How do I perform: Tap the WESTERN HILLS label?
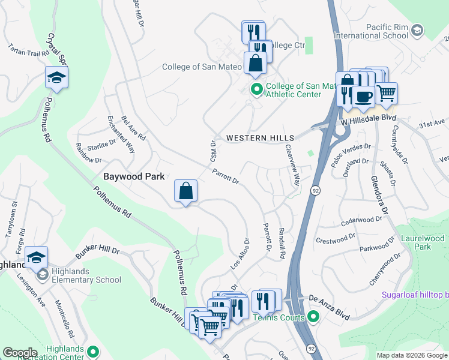pos(254,138)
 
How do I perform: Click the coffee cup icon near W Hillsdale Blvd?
pos(363,97)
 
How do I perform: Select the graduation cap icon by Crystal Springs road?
pos(56,77)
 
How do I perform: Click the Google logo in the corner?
pos(20,353)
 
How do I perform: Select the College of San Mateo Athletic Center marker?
pos(256,90)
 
